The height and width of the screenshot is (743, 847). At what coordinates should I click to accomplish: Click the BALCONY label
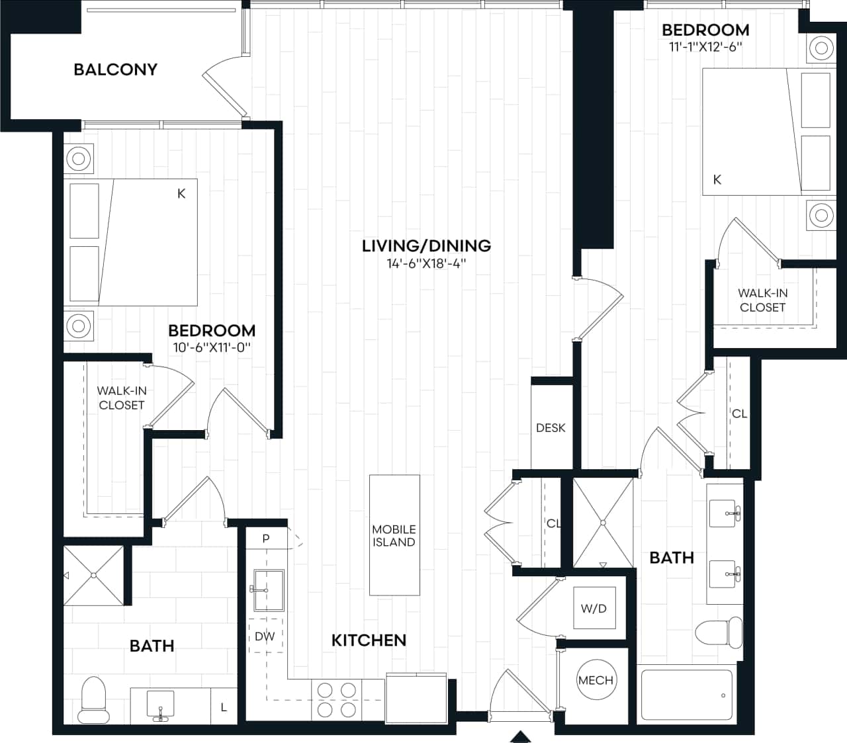115,69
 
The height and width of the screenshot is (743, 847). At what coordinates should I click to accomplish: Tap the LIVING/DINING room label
426,246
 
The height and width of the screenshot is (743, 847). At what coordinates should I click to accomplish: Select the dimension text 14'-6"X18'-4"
426,264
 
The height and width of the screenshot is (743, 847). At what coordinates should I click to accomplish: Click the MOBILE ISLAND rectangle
394,535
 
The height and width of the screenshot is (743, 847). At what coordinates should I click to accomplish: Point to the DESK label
551,428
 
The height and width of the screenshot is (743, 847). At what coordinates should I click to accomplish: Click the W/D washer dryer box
594,609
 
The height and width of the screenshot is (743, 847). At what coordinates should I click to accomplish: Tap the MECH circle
596,680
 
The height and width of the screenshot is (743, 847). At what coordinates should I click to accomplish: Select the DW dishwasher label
265,636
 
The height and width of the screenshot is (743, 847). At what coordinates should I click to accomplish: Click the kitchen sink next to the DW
267,590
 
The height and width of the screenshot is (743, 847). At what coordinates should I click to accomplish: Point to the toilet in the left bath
92,699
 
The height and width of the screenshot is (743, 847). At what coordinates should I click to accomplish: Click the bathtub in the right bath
686,695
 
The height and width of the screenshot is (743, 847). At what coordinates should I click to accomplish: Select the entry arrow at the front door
521,736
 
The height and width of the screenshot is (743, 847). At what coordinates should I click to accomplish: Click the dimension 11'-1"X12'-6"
705,47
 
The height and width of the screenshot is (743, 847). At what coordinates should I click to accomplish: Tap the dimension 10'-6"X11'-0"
212,347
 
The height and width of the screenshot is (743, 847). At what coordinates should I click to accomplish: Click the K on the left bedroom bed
181,194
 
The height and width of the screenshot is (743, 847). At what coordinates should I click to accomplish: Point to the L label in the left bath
224,707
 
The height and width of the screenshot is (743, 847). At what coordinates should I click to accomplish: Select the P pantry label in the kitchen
266,539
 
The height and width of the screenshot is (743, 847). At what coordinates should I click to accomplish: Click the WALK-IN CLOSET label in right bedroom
762,300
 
